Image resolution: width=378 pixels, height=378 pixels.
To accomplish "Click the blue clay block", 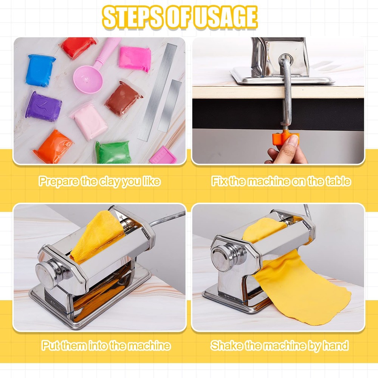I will pyautogui.click(x=40, y=70).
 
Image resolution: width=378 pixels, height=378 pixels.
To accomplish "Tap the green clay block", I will pyautogui.click(x=113, y=152).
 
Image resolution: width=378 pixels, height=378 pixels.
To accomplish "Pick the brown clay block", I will pyautogui.click(x=123, y=98).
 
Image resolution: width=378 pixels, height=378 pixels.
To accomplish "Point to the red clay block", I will pyautogui.click(x=79, y=47).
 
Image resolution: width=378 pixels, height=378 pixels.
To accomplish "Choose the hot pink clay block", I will pyautogui.click(x=135, y=59).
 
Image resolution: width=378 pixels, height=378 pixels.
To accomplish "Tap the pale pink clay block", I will pyautogui.click(x=90, y=122).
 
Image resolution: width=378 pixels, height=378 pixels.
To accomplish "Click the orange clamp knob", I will pyautogui.click(x=287, y=138).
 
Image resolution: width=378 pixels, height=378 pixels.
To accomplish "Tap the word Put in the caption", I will pyautogui.click(x=50, y=345).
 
